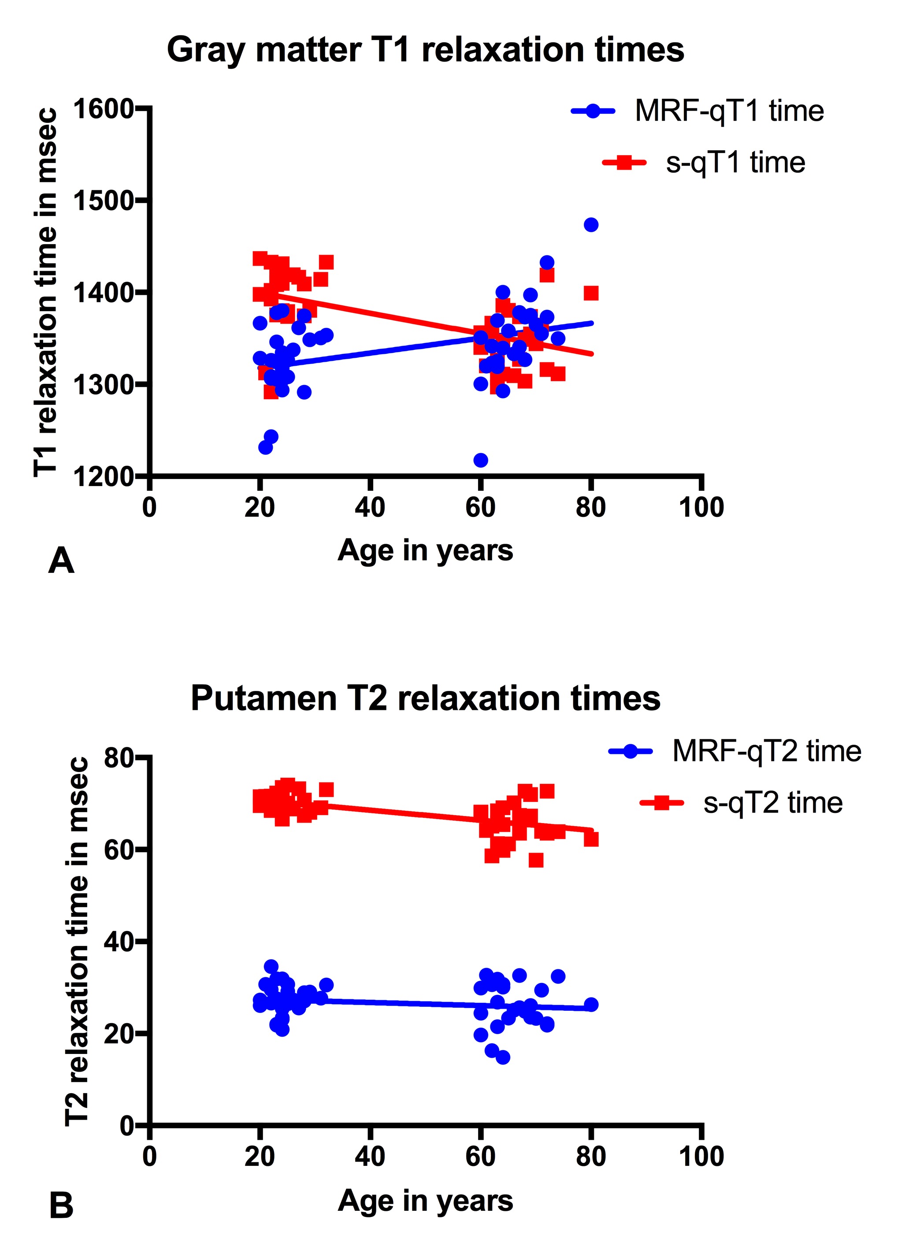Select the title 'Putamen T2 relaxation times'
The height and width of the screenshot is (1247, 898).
point(425,699)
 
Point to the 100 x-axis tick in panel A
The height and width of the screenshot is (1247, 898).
point(701,507)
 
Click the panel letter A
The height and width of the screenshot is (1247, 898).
point(61,561)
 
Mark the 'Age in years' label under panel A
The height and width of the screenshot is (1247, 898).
point(425,550)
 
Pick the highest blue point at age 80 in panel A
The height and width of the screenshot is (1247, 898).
point(590,225)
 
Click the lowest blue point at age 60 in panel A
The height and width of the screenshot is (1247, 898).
point(481,460)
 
